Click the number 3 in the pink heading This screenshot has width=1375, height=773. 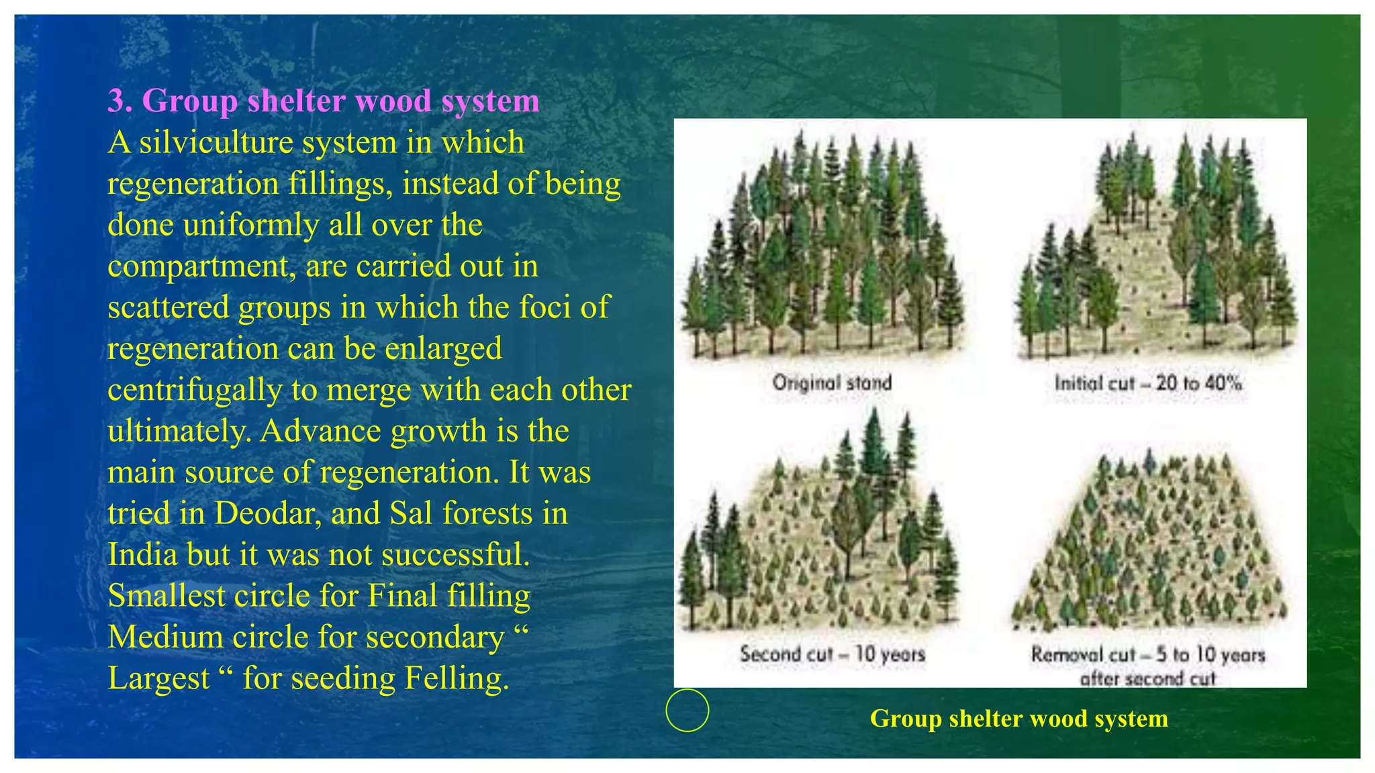pos(117,101)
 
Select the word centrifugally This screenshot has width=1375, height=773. pos(194,390)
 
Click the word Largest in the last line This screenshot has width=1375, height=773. pos(158,678)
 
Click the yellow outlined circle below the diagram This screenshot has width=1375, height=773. pos(687,710)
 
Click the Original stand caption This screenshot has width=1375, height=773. pos(832,382)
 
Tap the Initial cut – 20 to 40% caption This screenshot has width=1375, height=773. pos(1147,383)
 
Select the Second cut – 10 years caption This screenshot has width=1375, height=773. pos(833,654)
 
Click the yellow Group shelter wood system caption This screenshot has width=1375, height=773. pos(1018,719)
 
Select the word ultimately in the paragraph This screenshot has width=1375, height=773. pos(179,431)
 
